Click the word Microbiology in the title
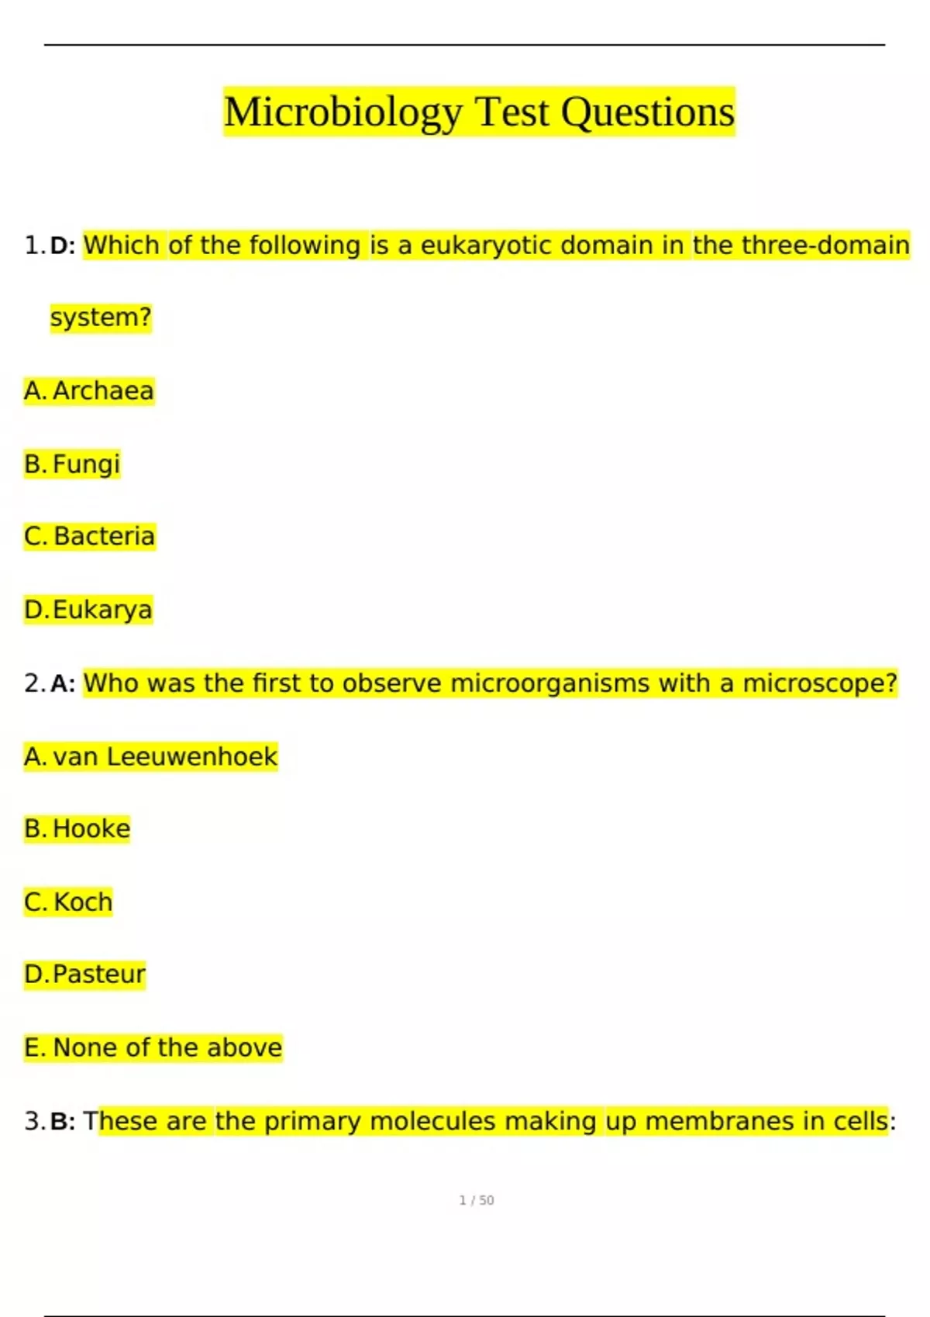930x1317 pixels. pyautogui.click(x=343, y=112)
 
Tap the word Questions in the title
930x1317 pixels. pyautogui.click(x=647, y=112)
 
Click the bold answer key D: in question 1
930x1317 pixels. pyautogui.click(x=63, y=246)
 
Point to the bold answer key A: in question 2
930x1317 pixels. pyautogui.click(x=63, y=683)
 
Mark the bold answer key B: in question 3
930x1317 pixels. pyautogui.click(x=63, y=1121)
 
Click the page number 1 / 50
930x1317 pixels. pyautogui.click(x=477, y=1200)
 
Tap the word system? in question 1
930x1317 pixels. pyautogui.click(x=101, y=318)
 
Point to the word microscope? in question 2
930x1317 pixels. pyautogui.click(x=819, y=683)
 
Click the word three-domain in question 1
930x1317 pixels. pyautogui.click(x=825, y=246)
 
